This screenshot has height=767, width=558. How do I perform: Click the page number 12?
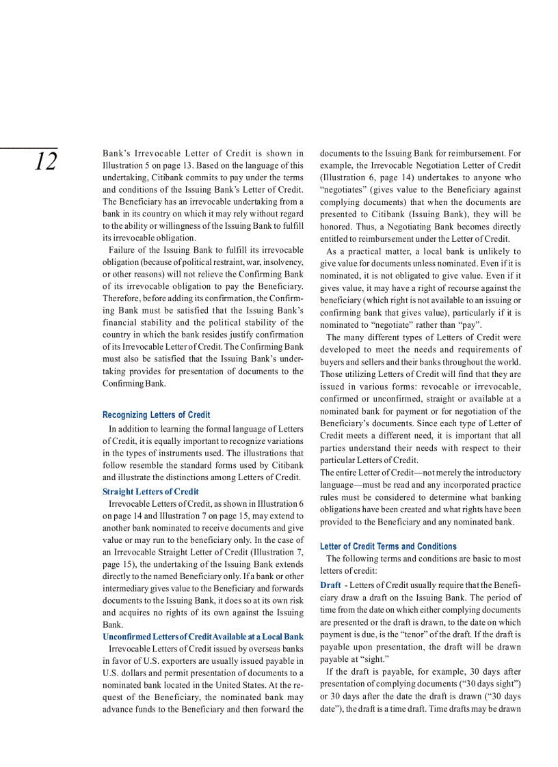coord(46,163)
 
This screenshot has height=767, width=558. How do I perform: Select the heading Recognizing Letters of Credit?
coord(156,415)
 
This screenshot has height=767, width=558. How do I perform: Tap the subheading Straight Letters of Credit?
coord(150,492)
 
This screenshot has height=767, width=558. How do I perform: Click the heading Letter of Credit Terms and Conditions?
coord(388,546)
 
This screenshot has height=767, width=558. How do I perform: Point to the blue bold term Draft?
coord(330,585)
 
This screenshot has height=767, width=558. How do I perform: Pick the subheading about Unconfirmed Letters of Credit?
coord(202,637)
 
